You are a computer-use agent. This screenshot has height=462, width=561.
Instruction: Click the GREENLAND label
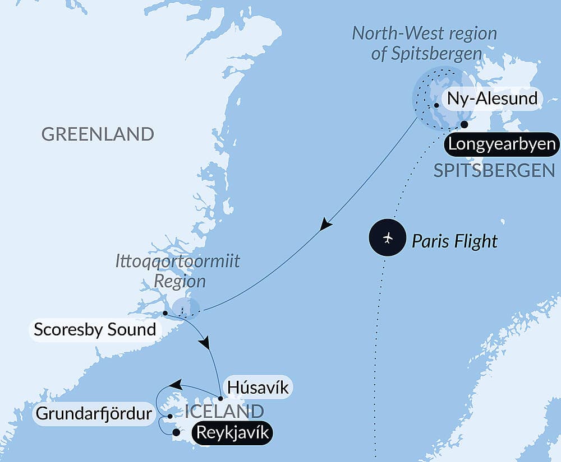98,134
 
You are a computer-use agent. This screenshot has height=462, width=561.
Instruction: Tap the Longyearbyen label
501,144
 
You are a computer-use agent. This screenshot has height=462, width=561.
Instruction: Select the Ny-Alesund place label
492,99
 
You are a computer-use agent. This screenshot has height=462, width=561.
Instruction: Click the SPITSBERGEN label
494,170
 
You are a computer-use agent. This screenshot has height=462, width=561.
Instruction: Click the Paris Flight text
454,241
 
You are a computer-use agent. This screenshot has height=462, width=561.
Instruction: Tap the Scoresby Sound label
94,329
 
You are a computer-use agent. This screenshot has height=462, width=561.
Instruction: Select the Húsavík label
259,387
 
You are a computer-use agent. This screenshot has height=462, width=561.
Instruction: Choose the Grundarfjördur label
94,414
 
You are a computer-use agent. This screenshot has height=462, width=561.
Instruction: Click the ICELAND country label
224,412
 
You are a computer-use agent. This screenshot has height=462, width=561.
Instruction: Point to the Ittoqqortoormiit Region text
177,270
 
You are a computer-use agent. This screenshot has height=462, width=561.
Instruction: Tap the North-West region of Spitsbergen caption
425,43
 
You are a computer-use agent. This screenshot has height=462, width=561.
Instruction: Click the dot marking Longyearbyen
464,124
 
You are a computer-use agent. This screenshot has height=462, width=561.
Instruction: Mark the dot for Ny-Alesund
436,105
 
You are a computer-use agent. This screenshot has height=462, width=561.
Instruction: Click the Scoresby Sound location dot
164,313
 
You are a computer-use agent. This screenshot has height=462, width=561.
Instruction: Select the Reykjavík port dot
176,432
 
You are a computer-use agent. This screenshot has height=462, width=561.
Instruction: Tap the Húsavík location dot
220,399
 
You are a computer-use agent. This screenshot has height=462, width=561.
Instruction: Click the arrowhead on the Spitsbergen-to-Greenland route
325,225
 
